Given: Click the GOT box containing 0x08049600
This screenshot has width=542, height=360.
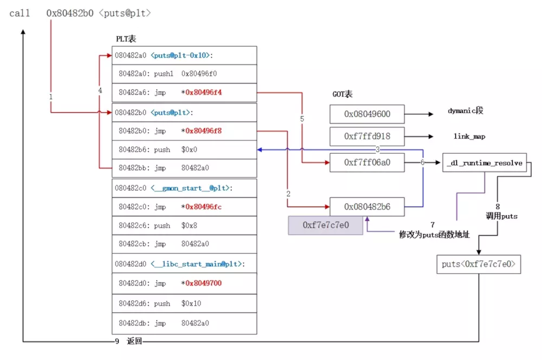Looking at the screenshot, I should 367,114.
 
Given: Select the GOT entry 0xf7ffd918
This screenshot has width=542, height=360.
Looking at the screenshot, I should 367,137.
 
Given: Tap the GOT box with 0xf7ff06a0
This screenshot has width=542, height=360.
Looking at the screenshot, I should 367,162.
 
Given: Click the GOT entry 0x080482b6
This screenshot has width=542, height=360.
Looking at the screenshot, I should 367,207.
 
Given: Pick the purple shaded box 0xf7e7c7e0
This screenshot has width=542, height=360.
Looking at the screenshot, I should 325,225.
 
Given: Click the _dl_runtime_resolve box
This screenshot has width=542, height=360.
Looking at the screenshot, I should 485,163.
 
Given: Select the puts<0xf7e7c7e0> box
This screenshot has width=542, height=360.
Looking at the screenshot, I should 479,265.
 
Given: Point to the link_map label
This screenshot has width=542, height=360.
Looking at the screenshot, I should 469,137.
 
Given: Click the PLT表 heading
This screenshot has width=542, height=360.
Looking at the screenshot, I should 126,39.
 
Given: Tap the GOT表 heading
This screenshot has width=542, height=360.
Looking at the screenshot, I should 343,94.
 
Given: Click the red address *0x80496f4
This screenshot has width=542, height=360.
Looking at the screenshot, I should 203,92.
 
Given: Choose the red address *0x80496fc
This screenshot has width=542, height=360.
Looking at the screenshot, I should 203,207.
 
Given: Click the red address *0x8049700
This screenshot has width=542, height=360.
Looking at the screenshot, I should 203,283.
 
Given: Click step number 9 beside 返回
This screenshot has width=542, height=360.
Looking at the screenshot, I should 117,342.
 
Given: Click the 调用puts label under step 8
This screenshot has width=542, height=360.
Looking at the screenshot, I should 501,216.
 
